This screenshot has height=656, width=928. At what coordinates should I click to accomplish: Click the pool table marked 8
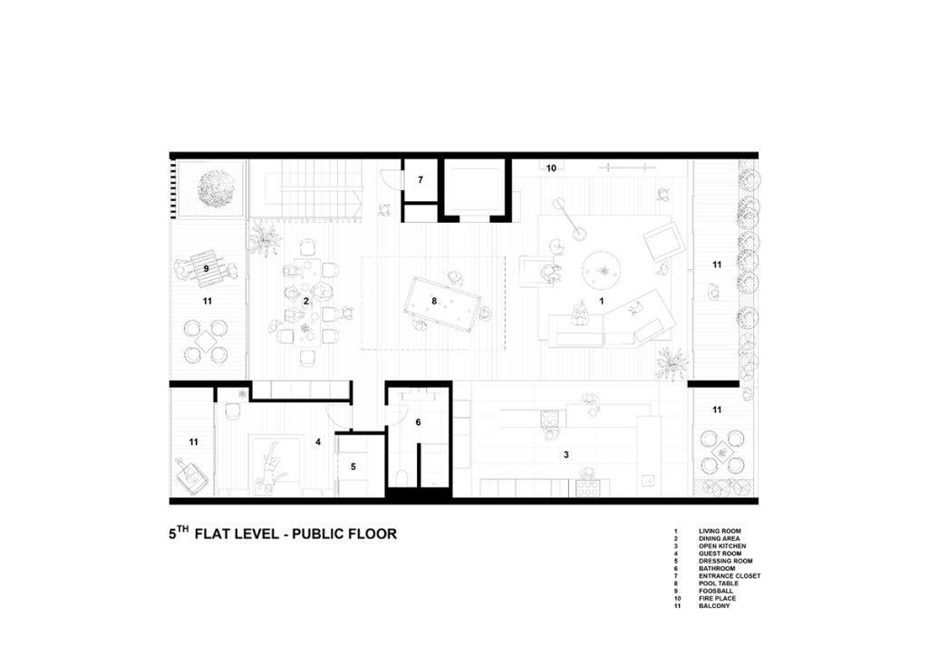pos(442,303)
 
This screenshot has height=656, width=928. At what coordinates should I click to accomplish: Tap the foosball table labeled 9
pos(207,268)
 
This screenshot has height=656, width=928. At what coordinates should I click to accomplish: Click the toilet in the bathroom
pos(401,477)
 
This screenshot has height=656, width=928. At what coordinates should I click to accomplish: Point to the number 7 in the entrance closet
pos(420,179)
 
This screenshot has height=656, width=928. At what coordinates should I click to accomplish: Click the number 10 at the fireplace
pos(551,168)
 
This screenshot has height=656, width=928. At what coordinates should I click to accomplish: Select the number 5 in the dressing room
pos(353,467)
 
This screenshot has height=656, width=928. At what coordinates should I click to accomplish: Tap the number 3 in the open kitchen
pos(566,454)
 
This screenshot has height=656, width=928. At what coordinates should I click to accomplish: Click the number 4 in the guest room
pos(318,442)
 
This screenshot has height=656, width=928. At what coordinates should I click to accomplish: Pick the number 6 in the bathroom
pos(419,422)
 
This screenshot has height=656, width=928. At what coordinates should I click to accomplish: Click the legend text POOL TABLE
pos(719,584)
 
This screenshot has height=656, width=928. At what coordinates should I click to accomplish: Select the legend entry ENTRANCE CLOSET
pos(730,575)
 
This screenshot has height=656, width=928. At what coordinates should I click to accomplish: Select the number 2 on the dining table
pos(306,301)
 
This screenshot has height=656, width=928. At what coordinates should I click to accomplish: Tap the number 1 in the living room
pos(602,301)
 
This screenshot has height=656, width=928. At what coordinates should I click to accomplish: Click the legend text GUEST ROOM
pos(720,554)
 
